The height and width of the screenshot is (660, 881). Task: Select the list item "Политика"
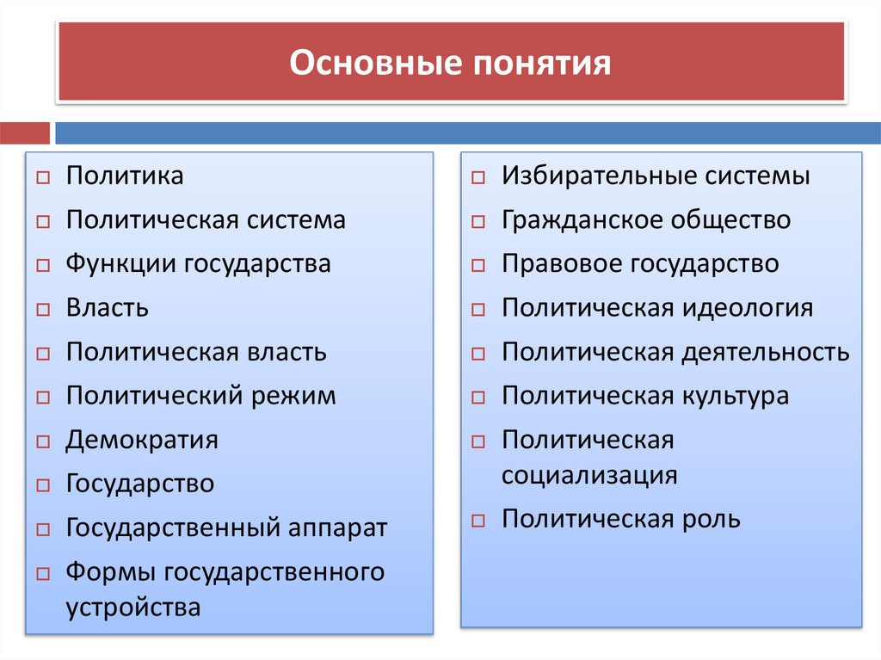coord(125,176)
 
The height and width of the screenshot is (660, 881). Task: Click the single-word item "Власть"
coord(108,307)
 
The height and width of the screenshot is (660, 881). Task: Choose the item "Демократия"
coord(142,440)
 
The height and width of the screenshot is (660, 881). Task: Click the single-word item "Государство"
coord(140,483)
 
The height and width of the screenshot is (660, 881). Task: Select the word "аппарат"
coord(338,527)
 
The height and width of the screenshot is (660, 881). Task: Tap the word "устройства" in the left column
coord(133,608)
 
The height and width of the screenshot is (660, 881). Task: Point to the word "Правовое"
coord(562,263)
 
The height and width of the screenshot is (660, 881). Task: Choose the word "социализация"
coord(589,475)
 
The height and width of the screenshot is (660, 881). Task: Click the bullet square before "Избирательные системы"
coord(479,177)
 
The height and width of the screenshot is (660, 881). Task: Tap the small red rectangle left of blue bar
coord(25,133)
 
